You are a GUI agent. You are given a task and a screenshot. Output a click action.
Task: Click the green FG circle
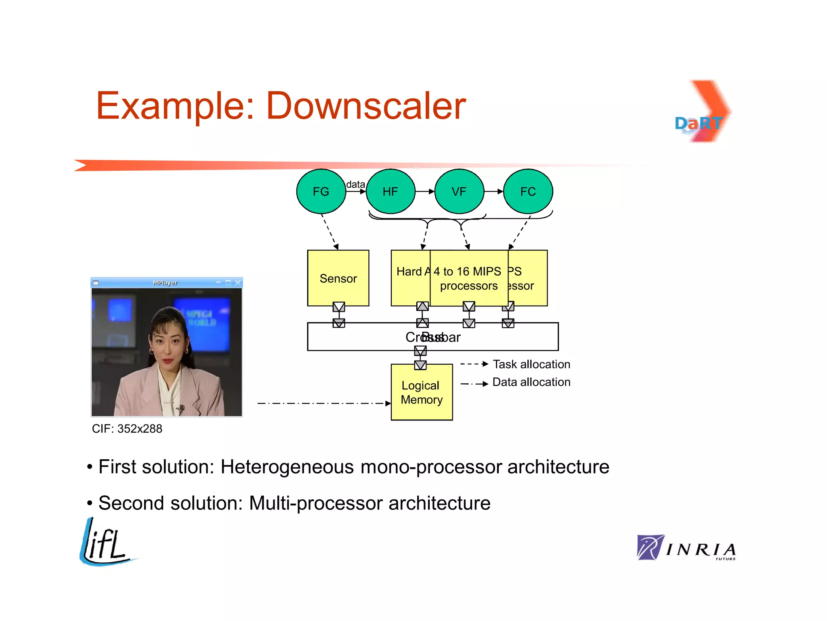(x=321, y=191)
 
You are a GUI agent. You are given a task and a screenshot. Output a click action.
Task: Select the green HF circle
(x=390, y=191)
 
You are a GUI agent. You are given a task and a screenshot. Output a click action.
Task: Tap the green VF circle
(x=459, y=191)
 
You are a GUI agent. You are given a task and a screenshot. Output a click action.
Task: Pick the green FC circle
(x=528, y=191)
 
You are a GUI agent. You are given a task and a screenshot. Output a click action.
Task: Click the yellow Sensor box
(x=338, y=278)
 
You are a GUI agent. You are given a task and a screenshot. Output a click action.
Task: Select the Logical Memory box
(x=422, y=392)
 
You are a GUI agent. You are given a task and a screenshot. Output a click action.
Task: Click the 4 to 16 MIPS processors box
(x=468, y=278)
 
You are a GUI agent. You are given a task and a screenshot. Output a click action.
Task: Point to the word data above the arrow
(x=355, y=184)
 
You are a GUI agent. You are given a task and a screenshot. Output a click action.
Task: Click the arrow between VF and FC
(x=493, y=191)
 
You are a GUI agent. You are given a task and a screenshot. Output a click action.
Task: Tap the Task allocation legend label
(x=531, y=364)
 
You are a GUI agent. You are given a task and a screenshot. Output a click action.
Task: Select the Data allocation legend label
(x=531, y=382)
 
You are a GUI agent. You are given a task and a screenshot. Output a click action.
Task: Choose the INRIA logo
(x=686, y=548)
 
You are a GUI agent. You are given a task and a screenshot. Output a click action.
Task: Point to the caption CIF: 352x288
(x=127, y=429)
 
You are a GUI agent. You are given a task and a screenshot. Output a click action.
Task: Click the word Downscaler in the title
(x=366, y=106)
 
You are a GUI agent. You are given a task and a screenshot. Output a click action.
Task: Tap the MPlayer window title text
(x=165, y=283)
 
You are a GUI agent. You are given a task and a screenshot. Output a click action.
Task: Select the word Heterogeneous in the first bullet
(x=287, y=467)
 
